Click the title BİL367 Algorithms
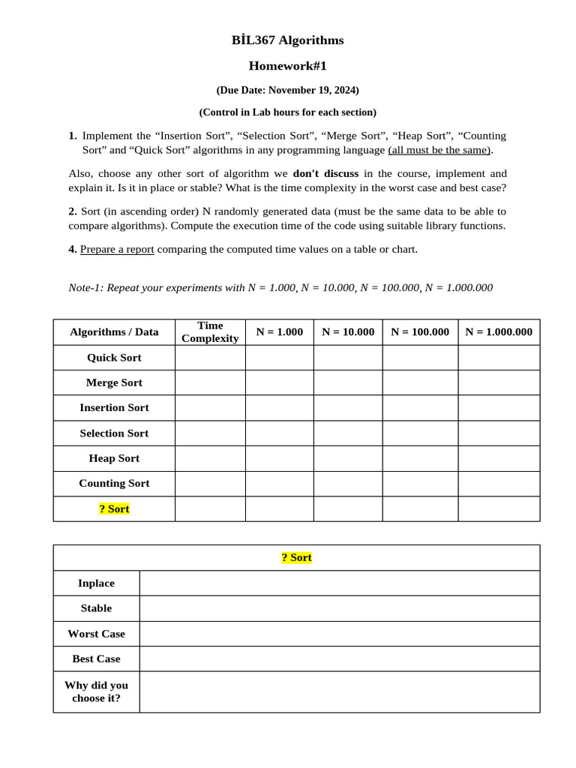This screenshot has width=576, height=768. (287, 40)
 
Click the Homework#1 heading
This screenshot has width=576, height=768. (287, 66)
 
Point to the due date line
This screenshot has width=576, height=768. (287, 90)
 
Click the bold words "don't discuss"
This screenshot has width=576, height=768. (325, 173)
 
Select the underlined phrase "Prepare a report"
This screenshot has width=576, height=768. (117, 249)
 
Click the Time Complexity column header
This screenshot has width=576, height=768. (210, 331)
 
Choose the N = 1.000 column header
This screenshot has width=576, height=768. (279, 331)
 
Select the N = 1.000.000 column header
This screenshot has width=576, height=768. (499, 331)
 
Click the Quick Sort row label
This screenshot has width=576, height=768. (114, 358)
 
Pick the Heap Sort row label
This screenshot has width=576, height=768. (114, 458)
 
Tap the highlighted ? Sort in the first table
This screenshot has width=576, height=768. (114, 508)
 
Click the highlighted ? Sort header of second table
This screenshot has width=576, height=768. (296, 557)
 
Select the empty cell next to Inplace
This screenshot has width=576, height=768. (339, 583)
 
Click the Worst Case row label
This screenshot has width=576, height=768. (96, 634)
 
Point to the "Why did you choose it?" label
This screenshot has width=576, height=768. (96, 691)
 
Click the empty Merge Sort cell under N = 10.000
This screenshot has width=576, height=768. (348, 382)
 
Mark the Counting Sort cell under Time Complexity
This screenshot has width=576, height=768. (210, 484)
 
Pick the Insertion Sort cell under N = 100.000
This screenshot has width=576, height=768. (420, 408)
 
